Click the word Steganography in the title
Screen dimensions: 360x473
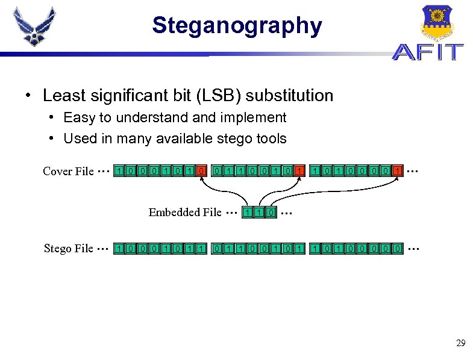(x=237, y=26)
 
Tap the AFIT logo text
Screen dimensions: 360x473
(x=428, y=52)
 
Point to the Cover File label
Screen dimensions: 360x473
(x=68, y=172)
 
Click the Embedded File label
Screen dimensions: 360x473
(x=185, y=212)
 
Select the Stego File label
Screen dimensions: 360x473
(x=69, y=248)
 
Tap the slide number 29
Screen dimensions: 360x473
(x=460, y=343)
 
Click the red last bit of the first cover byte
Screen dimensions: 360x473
(x=202, y=172)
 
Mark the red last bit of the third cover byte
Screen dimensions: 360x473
(x=397, y=172)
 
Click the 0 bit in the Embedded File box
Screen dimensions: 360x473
(x=272, y=212)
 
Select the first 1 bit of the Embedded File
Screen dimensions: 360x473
(x=247, y=212)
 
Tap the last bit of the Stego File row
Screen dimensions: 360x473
(x=397, y=248)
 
